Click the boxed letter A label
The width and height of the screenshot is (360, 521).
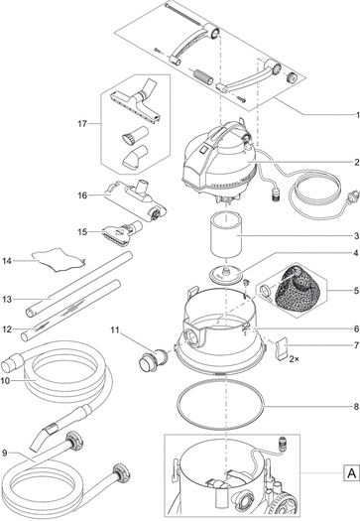[351, 472]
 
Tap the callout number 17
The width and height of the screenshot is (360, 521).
[82, 124]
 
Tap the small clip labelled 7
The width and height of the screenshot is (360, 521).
[282, 347]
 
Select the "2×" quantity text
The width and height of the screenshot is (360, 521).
[294, 359]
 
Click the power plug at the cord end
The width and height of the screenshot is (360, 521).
[354, 195]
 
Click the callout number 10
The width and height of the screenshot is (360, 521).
[5, 381]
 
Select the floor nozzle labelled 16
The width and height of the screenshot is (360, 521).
[137, 198]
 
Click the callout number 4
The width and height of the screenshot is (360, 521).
[356, 253]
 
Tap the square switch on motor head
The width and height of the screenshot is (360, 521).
[203, 150]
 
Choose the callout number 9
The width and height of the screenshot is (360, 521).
[4, 453]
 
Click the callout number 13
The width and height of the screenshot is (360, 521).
[7, 300]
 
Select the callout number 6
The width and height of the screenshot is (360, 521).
[356, 328]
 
